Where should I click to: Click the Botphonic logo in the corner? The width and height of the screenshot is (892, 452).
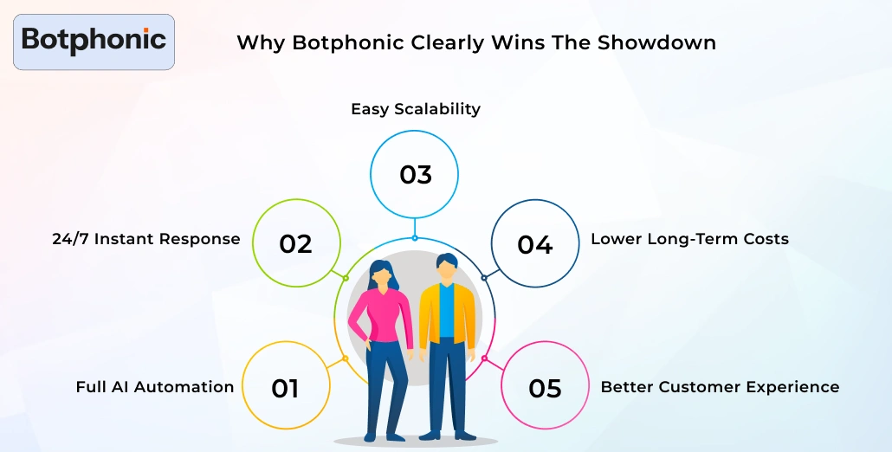coord(94,41)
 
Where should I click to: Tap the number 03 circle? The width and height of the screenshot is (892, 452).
coord(415,175)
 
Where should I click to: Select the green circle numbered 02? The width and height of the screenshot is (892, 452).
coord(295,244)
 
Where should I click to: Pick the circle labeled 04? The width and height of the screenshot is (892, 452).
coord(534,245)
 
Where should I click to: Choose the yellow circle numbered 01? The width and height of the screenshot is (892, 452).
coord(285,388)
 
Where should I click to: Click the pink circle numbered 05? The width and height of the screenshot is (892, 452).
coord(545,388)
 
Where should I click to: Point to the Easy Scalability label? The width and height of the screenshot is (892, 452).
coord(415,109)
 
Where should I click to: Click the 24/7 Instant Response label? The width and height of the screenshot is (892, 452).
coord(146,239)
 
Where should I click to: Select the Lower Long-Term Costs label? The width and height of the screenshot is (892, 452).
coord(689,239)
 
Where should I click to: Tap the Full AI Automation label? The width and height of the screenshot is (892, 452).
coord(155,387)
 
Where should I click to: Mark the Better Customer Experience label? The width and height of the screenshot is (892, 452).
coord(720,387)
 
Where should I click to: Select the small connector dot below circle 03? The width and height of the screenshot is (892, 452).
coord(415,237)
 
